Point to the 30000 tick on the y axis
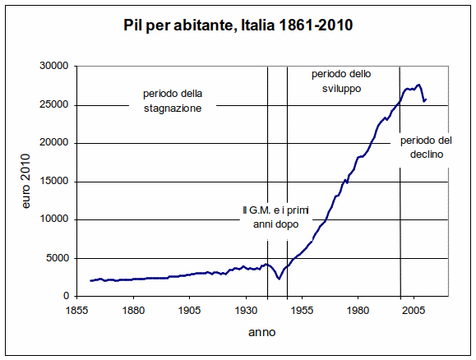[54, 67]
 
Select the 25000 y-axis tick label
[54, 104]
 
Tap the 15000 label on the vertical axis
[54, 182]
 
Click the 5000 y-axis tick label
[57, 258]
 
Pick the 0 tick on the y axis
[65, 296]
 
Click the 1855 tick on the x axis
[77, 311]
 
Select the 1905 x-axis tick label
[189, 311]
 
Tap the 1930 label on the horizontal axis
[245, 311]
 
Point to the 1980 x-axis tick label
[357, 311]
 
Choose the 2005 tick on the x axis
[413, 311]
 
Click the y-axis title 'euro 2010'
[26, 182]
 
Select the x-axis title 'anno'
[262, 333]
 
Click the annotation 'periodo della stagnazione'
[172, 100]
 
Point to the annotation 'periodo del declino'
[424, 147]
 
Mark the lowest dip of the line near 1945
[280, 279]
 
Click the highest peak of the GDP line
[418, 84]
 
